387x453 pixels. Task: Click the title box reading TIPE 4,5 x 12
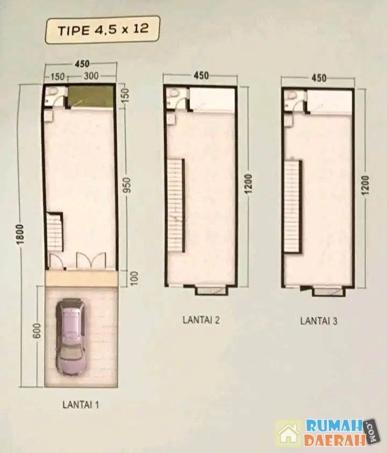pos(102,30)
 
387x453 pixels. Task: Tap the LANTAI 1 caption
pos(81,405)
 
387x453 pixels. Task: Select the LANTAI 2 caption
pos(201,320)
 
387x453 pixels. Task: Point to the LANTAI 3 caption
pos(319,321)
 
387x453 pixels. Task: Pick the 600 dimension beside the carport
pos(37,331)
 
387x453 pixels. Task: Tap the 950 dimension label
pos(128,185)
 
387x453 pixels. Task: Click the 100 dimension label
pos(134,279)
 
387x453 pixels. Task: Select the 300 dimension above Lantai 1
pos(91,76)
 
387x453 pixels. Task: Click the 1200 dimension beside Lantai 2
pos(248,184)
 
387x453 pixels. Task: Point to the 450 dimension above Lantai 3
pos(319,78)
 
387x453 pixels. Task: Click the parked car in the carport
pos(71,337)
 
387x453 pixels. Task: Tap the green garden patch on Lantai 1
pos(90,96)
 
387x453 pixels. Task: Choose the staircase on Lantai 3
pos(293,206)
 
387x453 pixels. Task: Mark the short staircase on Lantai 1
pos(54,232)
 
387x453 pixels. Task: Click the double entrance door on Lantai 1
pos(91,260)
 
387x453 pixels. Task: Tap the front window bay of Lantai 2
pos(213,290)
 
